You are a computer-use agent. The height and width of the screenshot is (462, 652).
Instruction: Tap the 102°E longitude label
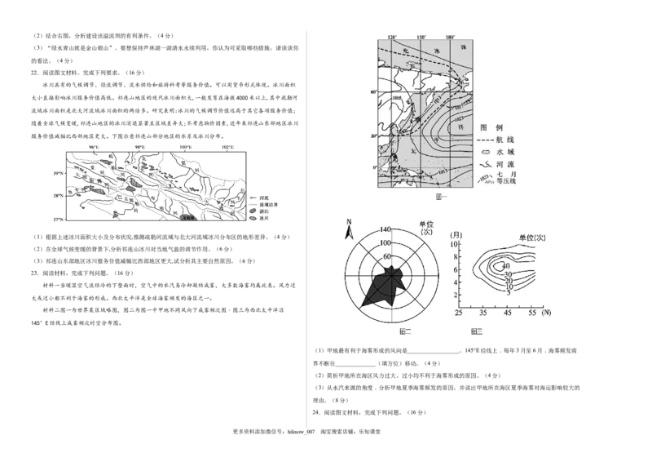coord(227,148)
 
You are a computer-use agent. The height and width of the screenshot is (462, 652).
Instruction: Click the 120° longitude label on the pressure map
coord(392,38)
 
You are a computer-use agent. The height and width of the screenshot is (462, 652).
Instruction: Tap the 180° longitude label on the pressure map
coord(451,38)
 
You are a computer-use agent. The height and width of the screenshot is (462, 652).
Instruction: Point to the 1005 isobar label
coord(399,99)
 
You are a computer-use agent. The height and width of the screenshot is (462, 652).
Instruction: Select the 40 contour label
coord(504,266)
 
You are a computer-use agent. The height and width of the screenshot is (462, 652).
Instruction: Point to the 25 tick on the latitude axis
coord(458,313)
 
